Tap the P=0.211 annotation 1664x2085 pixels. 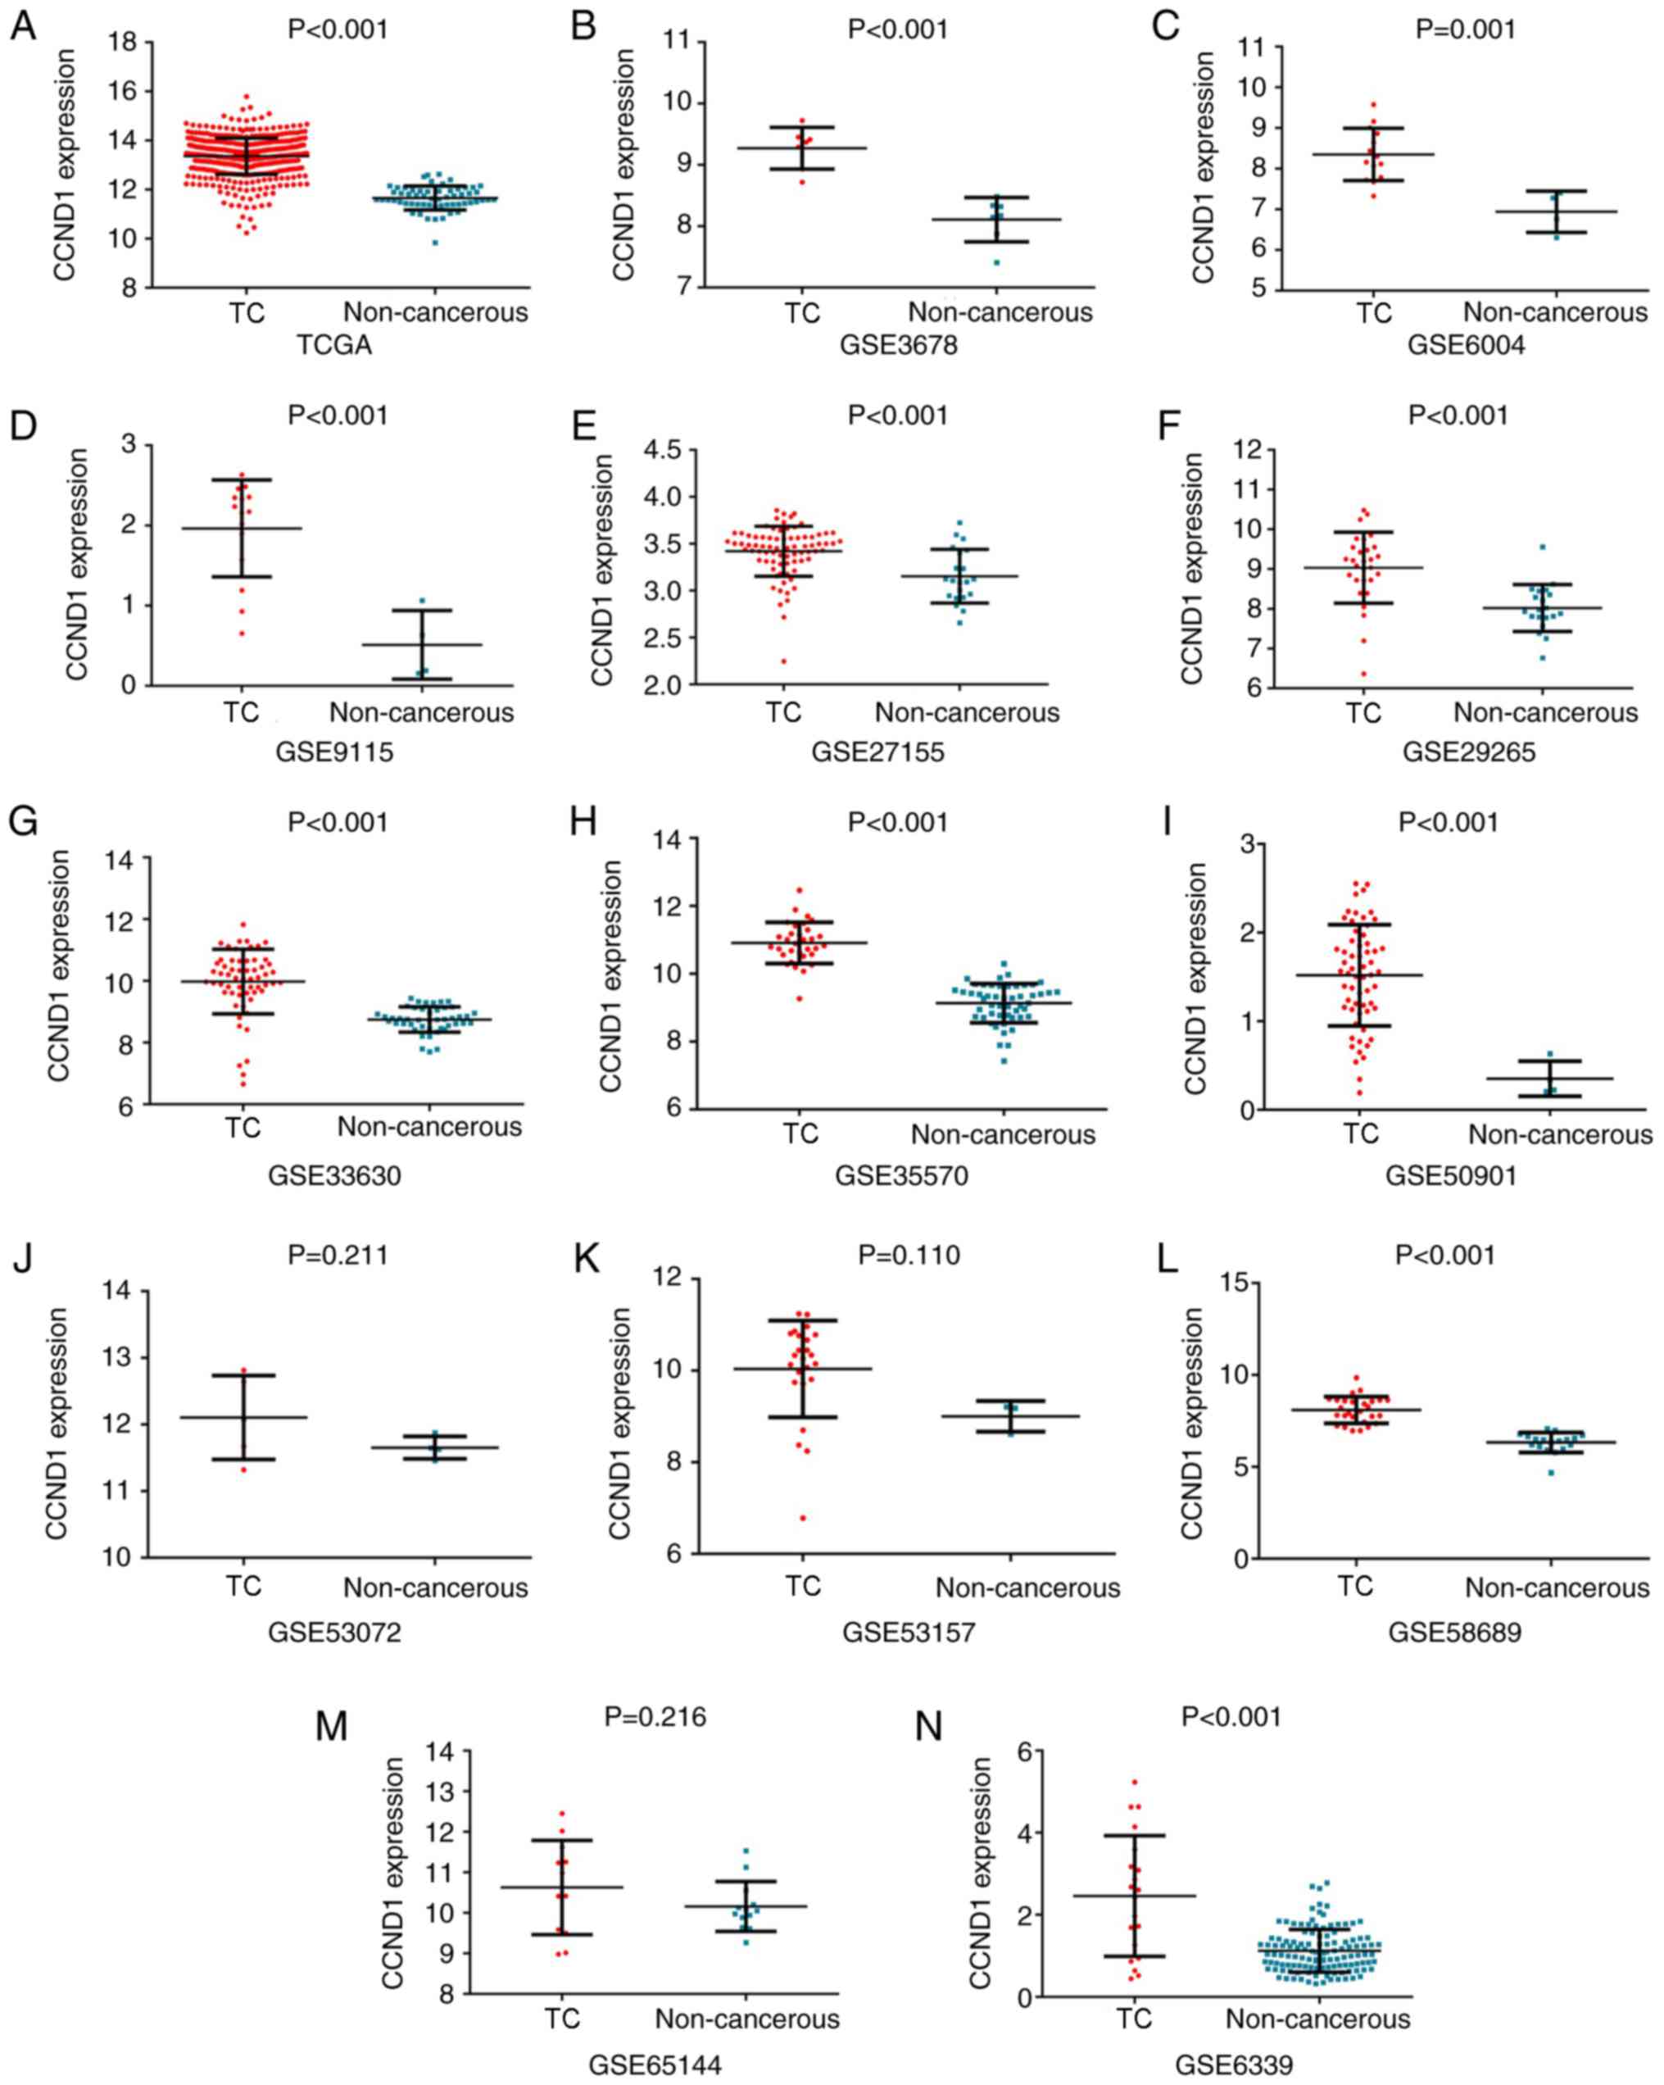(338, 1256)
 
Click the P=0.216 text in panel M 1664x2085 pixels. (655, 1716)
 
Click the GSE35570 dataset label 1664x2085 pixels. (901, 1175)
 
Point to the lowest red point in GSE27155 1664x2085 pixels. (783, 661)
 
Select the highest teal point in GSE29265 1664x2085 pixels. (1543, 547)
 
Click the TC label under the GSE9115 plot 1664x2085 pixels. (242, 713)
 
